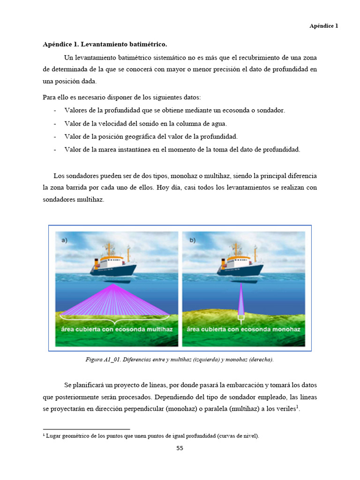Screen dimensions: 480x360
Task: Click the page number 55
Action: [180, 448]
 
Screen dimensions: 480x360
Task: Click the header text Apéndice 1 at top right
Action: [323, 26]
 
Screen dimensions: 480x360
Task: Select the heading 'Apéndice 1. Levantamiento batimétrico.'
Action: [105, 45]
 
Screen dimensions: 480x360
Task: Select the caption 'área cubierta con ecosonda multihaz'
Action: [117, 330]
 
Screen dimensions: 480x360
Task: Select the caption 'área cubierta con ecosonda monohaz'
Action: [243, 330]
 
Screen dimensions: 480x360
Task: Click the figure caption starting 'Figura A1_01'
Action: [180, 360]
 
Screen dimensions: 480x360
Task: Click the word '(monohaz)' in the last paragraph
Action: [186, 409]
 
